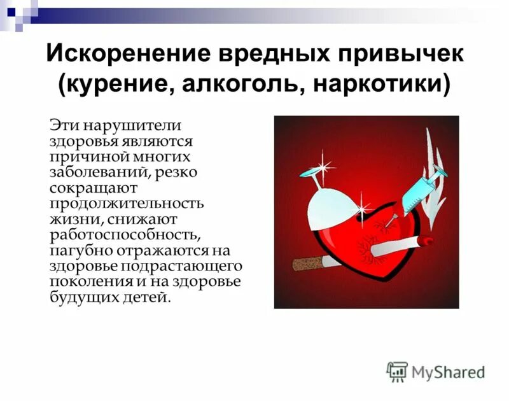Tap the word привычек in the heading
click(401, 53)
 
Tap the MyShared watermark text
click(448, 372)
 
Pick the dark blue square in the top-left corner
click(11, 11)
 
